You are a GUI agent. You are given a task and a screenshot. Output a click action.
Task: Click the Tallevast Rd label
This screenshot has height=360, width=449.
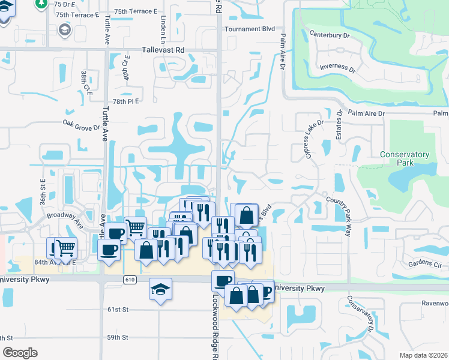(x=163, y=50)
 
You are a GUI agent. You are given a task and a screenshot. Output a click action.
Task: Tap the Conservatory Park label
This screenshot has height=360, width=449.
(x=405, y=158)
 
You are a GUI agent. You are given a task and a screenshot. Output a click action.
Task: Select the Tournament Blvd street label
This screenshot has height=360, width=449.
(x=250, y=29)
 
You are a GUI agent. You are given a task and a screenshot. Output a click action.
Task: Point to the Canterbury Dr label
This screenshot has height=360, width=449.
(x=329, y=35)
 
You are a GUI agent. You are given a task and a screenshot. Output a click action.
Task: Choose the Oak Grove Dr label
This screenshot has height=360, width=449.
(x=81, y=123)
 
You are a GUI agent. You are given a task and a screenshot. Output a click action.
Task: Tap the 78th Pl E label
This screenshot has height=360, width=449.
(x=125, y=101)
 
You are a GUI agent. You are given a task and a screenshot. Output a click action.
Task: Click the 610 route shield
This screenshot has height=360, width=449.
(x=131, y=280)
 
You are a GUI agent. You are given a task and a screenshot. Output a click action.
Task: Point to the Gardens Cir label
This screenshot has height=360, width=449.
(x=424, y=263)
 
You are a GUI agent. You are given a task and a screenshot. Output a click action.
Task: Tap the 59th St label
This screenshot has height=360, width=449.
(x=118, y=337)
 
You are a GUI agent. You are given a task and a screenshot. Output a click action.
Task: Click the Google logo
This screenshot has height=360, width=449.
(x=20, y=353)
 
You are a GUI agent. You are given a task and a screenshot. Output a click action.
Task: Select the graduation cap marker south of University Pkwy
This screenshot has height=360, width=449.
(x=160, y=289)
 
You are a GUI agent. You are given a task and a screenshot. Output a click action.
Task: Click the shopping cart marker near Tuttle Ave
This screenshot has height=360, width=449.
(x=136, y=227)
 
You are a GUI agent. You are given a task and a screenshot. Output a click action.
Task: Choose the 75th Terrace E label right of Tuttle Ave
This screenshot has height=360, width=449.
(x=135, y=11)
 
